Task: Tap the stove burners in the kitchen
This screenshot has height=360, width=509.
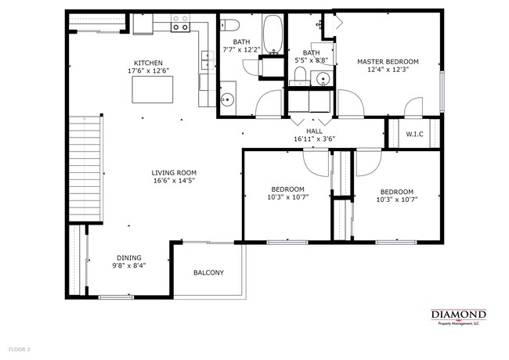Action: (180, 27)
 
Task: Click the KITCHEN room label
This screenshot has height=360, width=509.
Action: (148, 63)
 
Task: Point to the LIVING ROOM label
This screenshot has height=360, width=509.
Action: (174, 173)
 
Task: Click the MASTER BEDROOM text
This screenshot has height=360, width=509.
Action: (388, 61)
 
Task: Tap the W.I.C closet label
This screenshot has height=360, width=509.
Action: (414, 134)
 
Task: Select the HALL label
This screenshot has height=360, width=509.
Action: (314, 131)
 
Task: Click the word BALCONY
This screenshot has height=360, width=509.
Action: (209, 272)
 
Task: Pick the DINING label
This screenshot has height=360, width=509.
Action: (129, 257)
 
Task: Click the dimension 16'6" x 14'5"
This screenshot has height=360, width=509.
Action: (174, 181)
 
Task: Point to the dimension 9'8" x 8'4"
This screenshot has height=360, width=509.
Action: (130, 265)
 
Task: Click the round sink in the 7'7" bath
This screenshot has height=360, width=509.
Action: (227, 99)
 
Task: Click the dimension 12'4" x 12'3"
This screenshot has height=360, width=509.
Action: (388, 69)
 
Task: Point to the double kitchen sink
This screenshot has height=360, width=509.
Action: (207, 59)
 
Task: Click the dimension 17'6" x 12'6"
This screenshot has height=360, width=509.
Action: (148, 70)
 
